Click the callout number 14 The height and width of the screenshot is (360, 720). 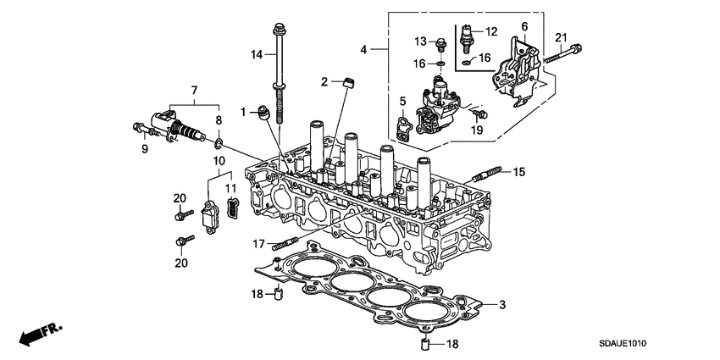[258, 54]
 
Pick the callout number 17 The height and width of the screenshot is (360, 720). [258, 244]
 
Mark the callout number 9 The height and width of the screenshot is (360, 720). [144, 149]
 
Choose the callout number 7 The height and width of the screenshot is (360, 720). [194, 90]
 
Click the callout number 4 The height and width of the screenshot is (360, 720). [364, 50]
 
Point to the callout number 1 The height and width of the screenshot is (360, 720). [242, 112]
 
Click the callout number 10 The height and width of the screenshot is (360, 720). [218, 160]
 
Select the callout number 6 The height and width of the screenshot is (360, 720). [523, 27]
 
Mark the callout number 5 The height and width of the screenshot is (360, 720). [403, 102]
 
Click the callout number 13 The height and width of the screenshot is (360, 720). [421, 42]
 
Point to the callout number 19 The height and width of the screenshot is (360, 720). [476, 130]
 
